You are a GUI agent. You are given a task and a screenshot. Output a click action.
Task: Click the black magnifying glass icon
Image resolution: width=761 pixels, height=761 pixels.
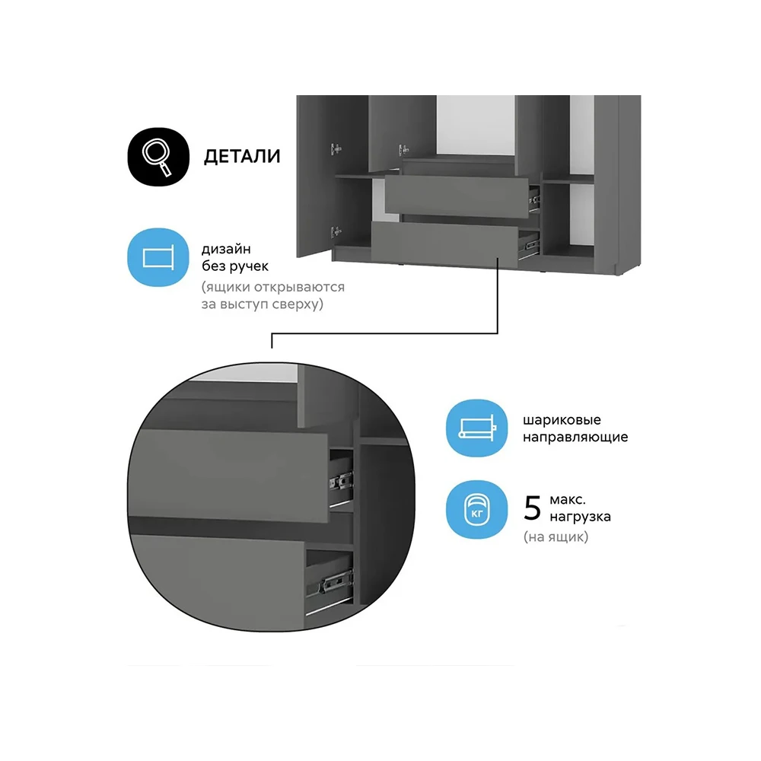click(x=158, y=156)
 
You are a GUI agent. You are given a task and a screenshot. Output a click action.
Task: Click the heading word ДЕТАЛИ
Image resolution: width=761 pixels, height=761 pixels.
click(x=242, y=157)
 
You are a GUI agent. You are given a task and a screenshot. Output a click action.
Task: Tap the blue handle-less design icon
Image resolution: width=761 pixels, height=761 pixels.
click(x=158, y=257)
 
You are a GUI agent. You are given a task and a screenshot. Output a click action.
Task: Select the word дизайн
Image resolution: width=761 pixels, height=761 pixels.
click(x=226, y=250)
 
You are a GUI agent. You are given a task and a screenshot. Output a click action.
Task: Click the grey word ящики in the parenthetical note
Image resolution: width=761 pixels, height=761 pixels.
click(x=227, y=288)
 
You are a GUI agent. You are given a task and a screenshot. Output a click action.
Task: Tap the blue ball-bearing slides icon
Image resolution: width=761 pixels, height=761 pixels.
click(x=476, y=428)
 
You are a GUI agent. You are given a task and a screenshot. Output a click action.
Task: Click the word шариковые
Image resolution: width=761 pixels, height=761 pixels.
click(x=562, y=420)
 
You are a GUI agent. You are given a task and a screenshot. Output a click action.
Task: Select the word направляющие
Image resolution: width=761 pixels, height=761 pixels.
click(x=575, y=437)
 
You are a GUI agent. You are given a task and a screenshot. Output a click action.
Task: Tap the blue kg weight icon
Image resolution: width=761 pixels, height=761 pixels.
click(x=476, y=510)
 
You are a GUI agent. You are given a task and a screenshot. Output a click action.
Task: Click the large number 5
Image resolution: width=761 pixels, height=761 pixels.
click(x=533, y=508)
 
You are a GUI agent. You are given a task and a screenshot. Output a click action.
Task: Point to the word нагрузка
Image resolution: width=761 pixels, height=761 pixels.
click(x=580, y=517)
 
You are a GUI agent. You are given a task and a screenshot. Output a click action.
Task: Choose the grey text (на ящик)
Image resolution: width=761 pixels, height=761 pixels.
click(x=556, y=537)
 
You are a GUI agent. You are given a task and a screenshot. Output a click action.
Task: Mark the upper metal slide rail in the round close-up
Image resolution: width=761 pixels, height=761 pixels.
click(x=341, y=482)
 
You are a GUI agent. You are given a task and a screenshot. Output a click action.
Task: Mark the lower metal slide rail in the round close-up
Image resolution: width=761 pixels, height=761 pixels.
click(x=335, y=584)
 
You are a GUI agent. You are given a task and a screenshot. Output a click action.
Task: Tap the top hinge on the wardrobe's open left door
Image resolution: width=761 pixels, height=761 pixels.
click(x=336, y=149)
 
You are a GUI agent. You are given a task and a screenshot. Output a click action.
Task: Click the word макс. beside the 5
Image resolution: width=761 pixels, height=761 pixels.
click(x=568, y=500)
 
